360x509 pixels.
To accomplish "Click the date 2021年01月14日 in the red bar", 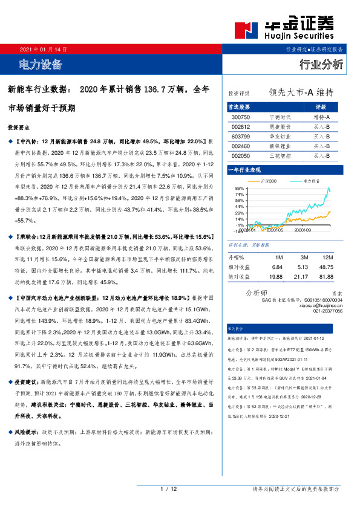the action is point(43,49).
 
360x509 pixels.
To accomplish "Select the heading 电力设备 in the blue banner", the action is point(41,64).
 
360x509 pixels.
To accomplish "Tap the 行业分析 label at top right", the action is point(321,64).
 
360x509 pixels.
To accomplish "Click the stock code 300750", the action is point(240,117).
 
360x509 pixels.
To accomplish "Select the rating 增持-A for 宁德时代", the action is point(321,117).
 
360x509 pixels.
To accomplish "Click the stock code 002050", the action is point(240,155).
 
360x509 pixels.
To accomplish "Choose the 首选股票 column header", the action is point(240,106).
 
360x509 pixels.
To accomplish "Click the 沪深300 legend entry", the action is point(268,181).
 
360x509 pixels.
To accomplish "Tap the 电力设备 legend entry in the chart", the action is point(310,181).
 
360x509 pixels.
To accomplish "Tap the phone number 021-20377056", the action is point(327,311).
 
